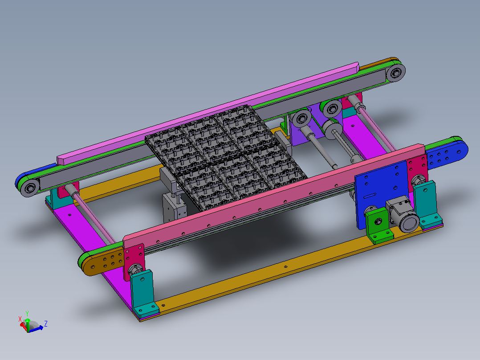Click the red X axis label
tap(20, 319)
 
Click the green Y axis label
tap(27, 313)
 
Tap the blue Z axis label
tap(45, 323)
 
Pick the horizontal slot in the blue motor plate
tap(370, 196)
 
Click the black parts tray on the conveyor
tap(226, 156)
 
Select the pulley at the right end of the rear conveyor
tap(395, 72)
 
